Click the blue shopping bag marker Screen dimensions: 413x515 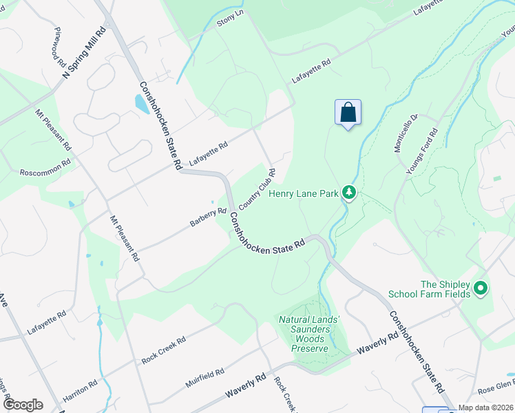[x=348, y=112]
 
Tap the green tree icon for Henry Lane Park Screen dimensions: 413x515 [x=349, y=193]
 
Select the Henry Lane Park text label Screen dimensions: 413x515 [x=304, y=194]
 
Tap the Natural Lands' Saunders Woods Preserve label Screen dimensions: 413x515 [x=308, y=334]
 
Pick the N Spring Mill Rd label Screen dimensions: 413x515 [x=86, y=52]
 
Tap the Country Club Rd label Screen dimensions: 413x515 [x=257, y=190]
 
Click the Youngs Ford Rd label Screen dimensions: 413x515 [x=422, y=152]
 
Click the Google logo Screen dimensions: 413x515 [x=23, y=405]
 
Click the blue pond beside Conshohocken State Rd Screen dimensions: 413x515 [x=141, y=104]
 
